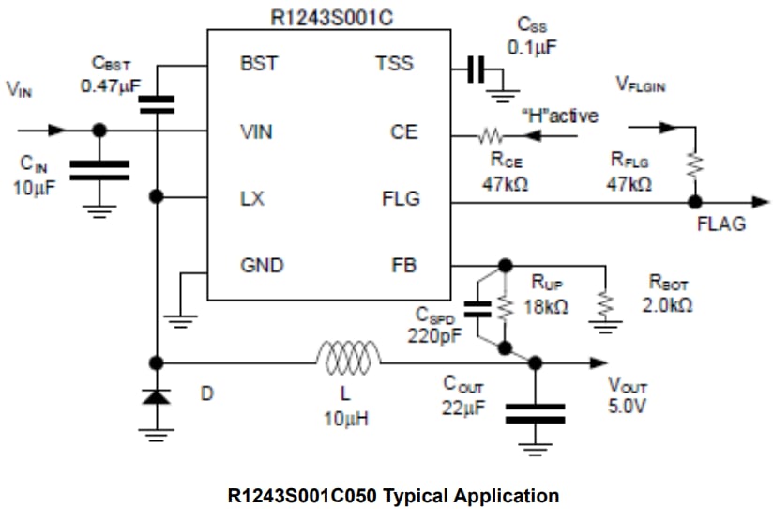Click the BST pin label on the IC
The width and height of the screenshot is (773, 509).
(258, 65)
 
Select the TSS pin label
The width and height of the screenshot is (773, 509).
(394, 65)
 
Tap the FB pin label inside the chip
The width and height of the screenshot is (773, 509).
(403, 266)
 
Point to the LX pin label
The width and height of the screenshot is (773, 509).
(252, 199)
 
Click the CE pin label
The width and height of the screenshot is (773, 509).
(404, 132)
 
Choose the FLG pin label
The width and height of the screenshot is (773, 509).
(401, 199)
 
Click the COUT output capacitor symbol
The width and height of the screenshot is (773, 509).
(535, 413)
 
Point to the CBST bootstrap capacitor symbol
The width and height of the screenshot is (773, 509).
(157, 102)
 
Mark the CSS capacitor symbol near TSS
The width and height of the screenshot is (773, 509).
(476, 68)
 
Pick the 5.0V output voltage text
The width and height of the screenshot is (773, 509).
(627, 406)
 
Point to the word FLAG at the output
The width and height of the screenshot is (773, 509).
(721, 224)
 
